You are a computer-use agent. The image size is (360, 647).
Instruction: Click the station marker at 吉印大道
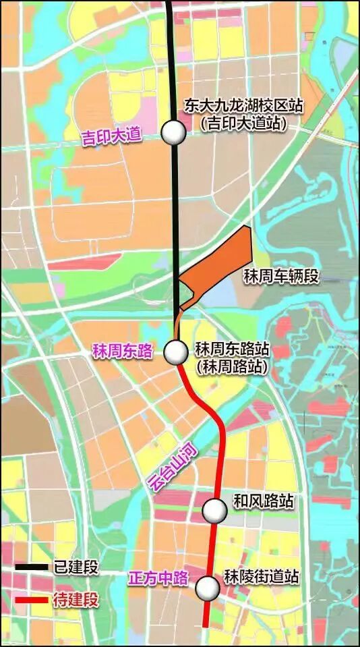coord(174,133)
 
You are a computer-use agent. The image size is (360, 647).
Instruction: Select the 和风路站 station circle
coord(215,511)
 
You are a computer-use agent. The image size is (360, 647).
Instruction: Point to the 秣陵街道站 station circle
coord(208,588)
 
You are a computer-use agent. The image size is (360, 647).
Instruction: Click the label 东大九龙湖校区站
coord(244,106)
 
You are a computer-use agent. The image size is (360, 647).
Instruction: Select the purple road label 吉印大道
coord(111,136)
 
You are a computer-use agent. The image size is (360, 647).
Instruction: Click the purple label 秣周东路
coord(123,351)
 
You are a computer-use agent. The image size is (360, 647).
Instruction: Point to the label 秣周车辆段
coord(290,277)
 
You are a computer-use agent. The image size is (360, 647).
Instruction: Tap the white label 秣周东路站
coord(232,349)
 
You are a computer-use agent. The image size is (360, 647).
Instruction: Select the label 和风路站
coord(263,501)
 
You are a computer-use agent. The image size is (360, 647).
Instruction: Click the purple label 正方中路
coord(158,578)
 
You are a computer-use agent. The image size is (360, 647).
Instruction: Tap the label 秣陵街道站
coord(262,578)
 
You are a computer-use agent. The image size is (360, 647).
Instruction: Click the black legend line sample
coord(31,567)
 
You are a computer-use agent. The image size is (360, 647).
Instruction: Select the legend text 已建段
coord(76,567)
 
